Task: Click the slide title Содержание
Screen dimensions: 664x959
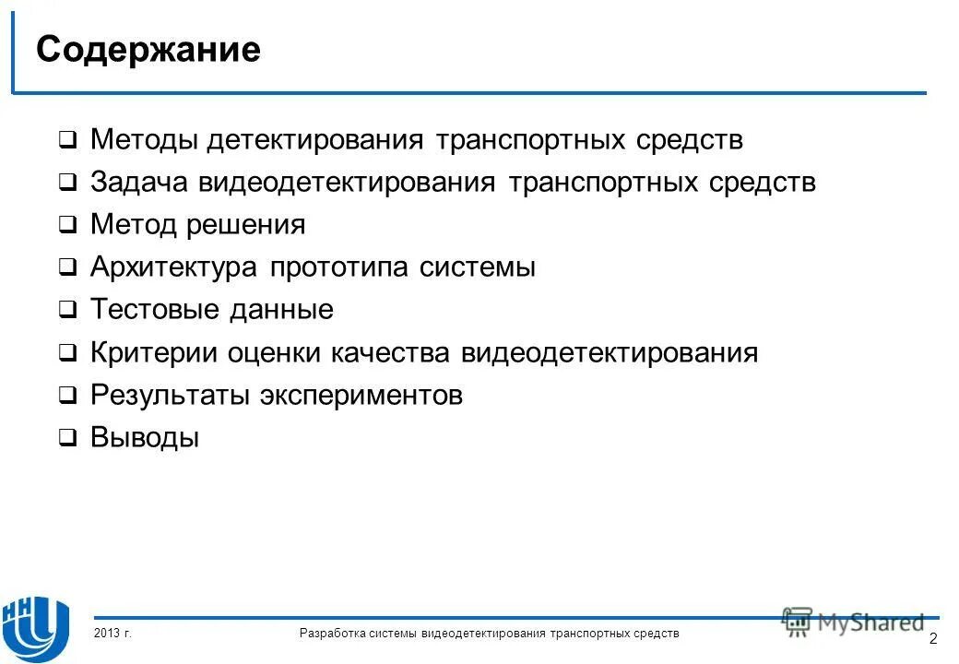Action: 148,50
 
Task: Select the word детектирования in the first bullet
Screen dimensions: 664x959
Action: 314,140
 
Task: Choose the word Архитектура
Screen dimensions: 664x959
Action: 174,267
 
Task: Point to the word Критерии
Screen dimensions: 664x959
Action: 148,352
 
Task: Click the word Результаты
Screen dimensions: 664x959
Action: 169,396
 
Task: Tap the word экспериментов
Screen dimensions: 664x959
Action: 361,396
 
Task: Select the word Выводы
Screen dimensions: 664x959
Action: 145,438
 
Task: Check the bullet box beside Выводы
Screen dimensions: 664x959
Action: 68,439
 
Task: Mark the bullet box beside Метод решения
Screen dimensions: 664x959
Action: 68,226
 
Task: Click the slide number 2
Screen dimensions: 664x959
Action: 933,640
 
